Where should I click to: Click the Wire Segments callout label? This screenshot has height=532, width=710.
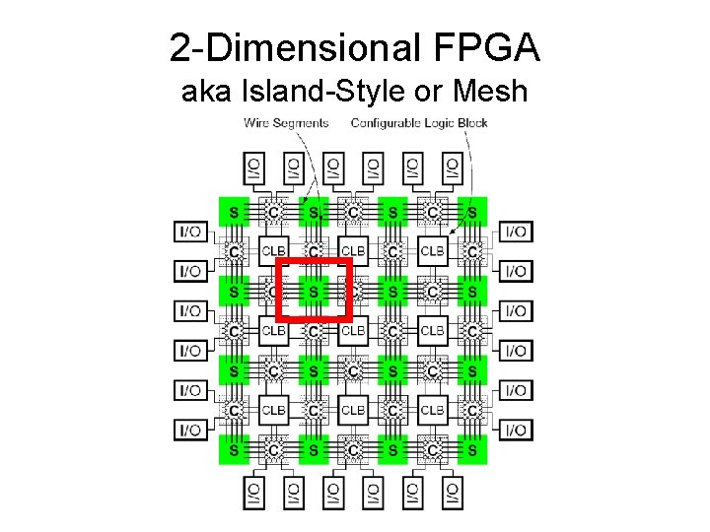pos(286,123)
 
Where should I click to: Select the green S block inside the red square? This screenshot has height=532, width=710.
pos(314,292)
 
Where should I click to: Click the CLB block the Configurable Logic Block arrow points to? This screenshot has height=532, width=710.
pos(433,251)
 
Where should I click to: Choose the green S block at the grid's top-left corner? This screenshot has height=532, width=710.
pos(234,211)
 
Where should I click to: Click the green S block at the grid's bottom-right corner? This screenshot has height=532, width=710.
pos(472,449)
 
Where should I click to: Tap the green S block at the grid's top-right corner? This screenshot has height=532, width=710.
pos(472,211)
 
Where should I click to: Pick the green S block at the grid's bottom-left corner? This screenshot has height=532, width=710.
pos(234,449)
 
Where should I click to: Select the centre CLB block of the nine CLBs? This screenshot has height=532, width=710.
pos(353,331)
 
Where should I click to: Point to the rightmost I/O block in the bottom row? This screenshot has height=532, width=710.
pos(452,493)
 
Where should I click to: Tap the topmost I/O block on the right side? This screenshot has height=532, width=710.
pos(516,232)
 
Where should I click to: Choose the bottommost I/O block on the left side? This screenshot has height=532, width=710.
pos(190,431)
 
